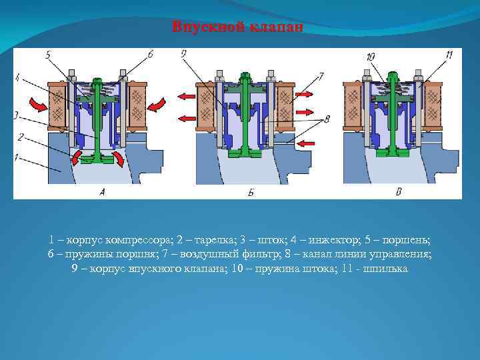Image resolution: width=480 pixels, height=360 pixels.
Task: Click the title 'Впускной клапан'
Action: (237, 27)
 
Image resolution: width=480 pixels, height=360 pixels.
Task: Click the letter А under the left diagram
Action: (102, 191)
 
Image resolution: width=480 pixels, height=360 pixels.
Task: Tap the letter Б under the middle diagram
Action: (251, 192)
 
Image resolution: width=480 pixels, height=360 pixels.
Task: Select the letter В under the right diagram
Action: (399, 191)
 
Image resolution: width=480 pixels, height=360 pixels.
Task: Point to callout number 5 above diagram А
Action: (48, 55)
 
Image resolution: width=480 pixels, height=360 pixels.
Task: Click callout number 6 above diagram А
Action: (150, 54)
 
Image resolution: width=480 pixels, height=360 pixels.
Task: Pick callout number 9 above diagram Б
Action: (183, 54)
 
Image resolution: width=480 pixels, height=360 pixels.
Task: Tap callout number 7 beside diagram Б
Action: (321, 76)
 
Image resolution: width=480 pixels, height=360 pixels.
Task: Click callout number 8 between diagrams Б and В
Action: (327, 119)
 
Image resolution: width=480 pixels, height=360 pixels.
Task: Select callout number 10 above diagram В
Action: (371, 56)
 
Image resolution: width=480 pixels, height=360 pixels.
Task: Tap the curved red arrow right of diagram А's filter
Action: (156, 103)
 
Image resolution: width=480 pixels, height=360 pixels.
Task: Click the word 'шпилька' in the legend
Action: (386, 269)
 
